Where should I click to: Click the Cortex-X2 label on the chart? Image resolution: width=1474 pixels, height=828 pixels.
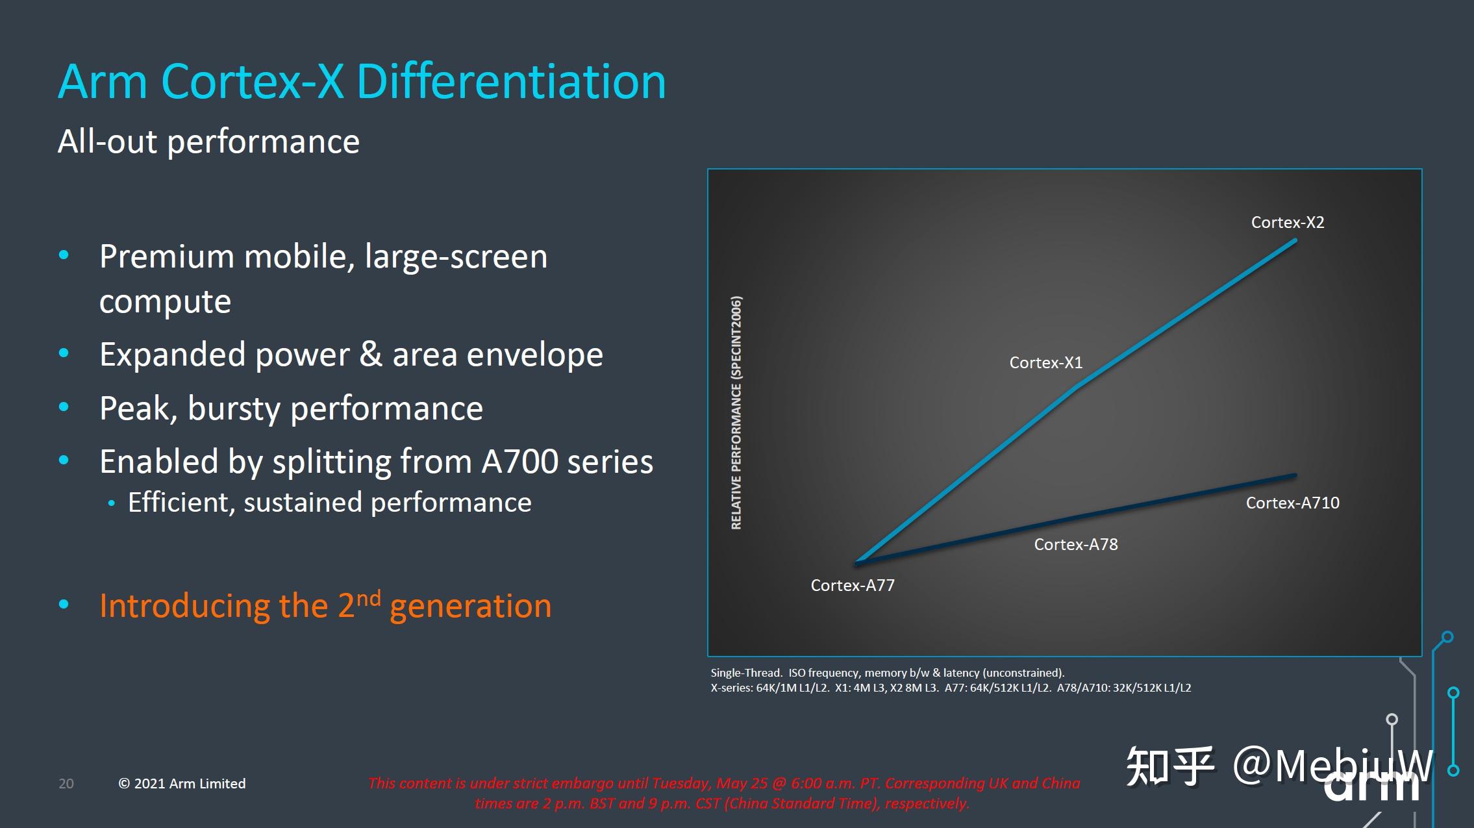(1287, 222)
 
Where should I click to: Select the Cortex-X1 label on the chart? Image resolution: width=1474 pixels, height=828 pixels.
(1045, 362)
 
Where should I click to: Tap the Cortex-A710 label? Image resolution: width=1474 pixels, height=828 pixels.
(1292, 503)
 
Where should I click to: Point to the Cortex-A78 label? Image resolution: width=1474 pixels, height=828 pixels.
(1075, 544)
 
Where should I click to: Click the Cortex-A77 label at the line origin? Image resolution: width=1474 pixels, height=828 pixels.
(852, 585)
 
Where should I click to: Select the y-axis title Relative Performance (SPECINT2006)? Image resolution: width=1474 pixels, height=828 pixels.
(736, 412)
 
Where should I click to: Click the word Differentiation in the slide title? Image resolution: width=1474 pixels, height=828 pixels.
(511, 82)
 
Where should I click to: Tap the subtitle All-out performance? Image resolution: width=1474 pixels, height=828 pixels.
(208, 142)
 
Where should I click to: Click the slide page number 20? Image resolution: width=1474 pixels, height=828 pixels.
(66, 784)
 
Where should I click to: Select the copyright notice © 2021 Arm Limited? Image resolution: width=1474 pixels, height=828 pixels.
(182, 784)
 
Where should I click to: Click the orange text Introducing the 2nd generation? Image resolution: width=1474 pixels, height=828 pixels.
(325, 606)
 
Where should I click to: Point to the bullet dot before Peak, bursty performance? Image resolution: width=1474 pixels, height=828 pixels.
(64, 408)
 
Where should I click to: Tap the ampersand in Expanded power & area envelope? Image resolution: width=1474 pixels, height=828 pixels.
(371, 355)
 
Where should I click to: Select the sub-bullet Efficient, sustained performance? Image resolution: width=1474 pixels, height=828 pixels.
(329, 503)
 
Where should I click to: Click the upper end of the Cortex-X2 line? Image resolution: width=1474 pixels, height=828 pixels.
(1295, 241)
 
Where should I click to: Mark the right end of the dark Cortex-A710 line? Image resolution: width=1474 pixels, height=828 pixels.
(1295, 475)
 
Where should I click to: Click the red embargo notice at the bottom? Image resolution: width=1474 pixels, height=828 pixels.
(723, 793)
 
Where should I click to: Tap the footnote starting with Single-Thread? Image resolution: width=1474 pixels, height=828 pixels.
(887, 673)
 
